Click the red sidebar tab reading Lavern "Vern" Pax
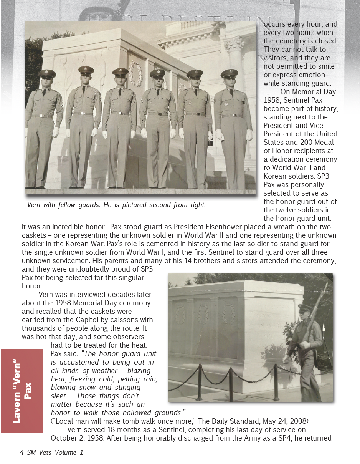pyautogui.click(x=22, y=391)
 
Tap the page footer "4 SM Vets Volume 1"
pyautogui.click(x=51, y=452)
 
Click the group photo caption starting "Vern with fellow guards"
pyautogui.click(x=116, y=205)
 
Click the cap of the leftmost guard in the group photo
pyautogui.click(x=47, y=73)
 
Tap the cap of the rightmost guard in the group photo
pyautogui.click(x=229, y=72)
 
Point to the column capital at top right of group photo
pyautogui.click(x=234, y=44)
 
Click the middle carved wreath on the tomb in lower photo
pyautogui.click(x=203, y=314)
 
